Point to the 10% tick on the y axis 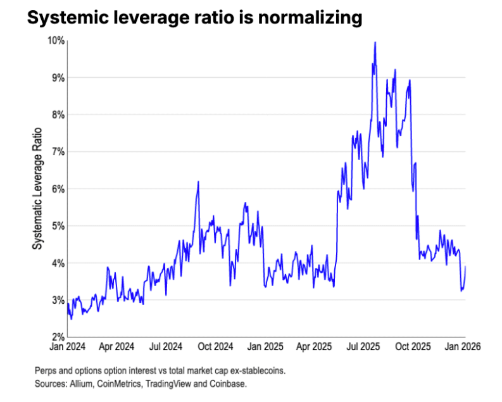[56, 41]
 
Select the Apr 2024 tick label [116, 347]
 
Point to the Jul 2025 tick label [365, 347]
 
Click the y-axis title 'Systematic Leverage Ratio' [37, 189]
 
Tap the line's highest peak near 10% [375, 43]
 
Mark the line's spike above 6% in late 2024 [198, 182]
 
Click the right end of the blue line [466, 267]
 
